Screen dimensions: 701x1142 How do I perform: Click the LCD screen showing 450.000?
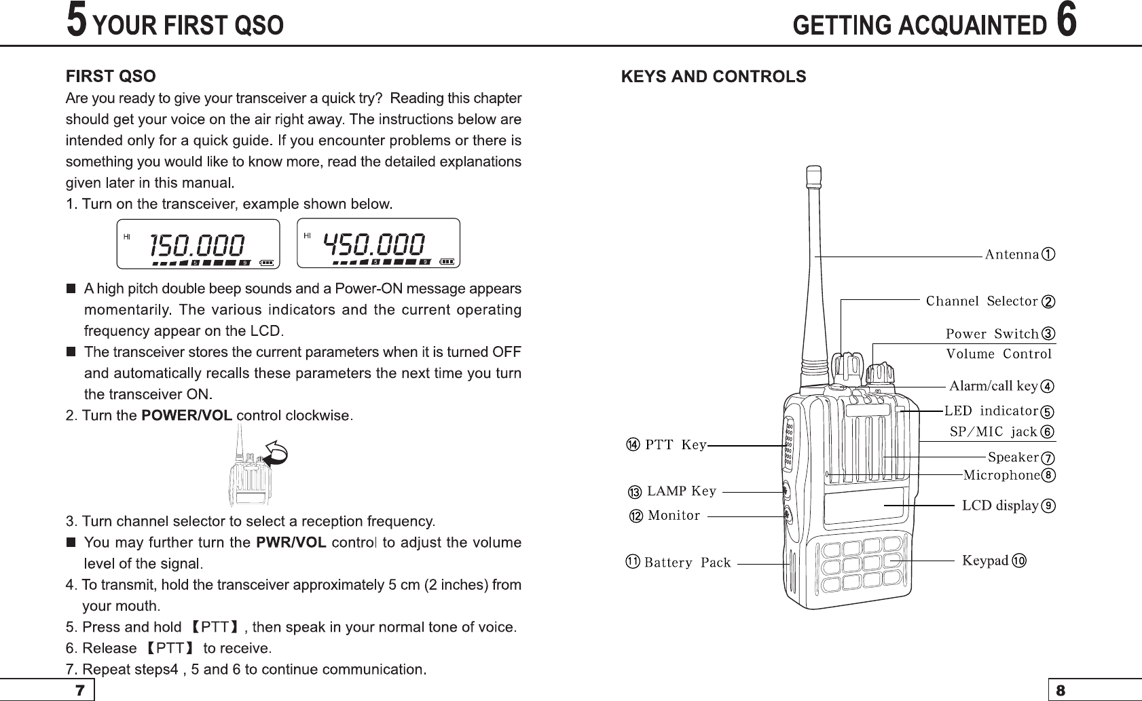pyautogui.click(x=378, y=244)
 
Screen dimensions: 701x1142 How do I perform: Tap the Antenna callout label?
pyautogui.click(x=1012, y=254)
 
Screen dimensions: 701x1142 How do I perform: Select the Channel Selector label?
pyautogui.click(x=982, y=301)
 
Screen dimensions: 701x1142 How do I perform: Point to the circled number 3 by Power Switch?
pyautogui.click(x=1049, y=334)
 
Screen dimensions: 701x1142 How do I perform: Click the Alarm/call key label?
pyautogui.click(x=993, y=386)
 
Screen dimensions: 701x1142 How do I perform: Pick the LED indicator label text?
pyautogui.click(x=991, y=411)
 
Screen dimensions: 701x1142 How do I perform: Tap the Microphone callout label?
pyautogui.click(x=1001, y=475)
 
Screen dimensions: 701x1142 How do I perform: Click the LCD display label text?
pyautogui.click(x=1000, y=506)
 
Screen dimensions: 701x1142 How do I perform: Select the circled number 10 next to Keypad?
pyautogui.click(x=1019, y=561)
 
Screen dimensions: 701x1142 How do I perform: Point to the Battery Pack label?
pyautogui.click(x=687, y=563)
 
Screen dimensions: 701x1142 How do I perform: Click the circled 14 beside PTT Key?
pyautogui.click(x=632, y=445)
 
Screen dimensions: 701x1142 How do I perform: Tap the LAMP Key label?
pyautogui.click(x=681, y=491)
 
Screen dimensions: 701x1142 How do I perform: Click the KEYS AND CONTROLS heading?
pyautogui.click(x=714, y=77)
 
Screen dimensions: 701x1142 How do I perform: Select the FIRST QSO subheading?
pyautogui.click(x=111, y=76)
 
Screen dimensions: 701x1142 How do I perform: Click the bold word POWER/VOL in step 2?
pyautogui.click(x=186, y=415)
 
